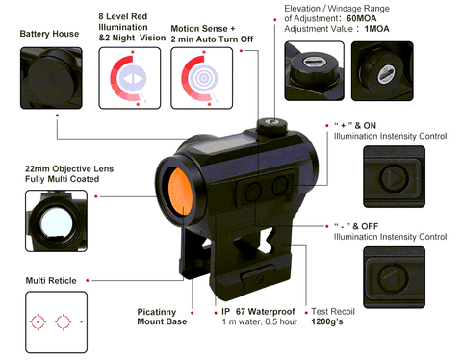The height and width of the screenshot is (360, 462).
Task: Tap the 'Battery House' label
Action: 49,34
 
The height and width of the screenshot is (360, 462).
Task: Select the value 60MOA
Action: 362,18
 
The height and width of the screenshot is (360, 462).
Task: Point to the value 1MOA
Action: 376,29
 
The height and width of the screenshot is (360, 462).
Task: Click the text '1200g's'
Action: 327,321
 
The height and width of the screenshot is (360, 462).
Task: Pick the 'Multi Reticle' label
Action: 51,281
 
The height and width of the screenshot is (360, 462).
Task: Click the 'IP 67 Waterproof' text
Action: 258,312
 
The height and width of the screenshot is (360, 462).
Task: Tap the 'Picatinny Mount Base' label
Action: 162,317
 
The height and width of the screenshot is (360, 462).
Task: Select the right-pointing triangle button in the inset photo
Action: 395,177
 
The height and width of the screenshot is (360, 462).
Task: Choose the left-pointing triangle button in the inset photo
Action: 394,277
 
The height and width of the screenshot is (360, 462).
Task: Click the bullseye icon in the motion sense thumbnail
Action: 203,77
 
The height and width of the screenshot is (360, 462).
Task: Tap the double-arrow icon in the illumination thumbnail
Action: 132,78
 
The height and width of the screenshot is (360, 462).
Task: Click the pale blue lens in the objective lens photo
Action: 57,222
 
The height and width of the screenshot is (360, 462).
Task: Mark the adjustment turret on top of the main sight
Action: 272,126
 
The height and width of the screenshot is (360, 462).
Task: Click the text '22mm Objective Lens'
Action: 69,168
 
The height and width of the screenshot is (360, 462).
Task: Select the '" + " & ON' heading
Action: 355,125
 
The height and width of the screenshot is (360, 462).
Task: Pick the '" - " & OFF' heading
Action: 356,226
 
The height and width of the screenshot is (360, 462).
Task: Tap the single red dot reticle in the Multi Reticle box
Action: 82,321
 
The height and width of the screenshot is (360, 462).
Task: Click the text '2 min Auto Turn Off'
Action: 212,39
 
